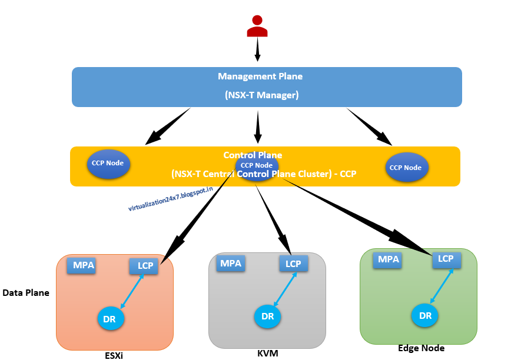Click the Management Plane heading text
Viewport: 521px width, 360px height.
pos(260,76)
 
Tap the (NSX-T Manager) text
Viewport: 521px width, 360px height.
pos(262,95)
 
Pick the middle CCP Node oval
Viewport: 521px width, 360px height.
pos(257,167)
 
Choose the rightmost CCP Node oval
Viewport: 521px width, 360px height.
pos(406,168)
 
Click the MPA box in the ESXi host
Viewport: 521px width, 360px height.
pos(81,265)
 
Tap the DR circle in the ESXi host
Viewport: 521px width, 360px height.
pos(109,318)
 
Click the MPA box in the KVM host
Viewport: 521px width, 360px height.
pos(231,263)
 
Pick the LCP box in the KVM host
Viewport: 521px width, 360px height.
pos(293,264)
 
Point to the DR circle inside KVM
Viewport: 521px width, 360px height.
pos(267,316)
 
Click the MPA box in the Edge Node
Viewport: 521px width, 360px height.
pos(388,259)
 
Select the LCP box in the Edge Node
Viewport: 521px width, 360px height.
pos(446,259)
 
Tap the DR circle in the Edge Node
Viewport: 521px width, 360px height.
pos(425,316)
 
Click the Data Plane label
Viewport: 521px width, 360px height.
pos(26,292)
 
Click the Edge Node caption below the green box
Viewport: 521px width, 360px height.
pos(422,348)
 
